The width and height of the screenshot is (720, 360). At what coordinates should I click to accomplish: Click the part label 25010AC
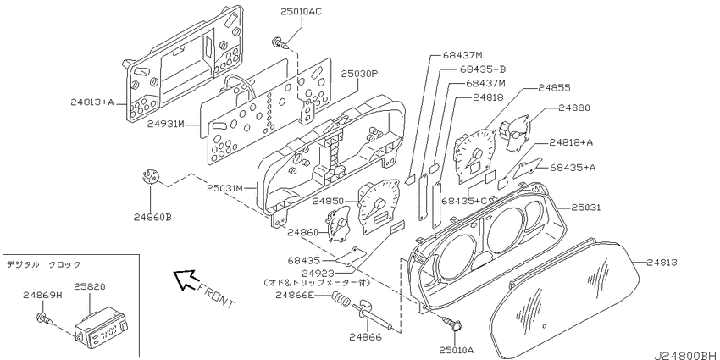click(302, 12)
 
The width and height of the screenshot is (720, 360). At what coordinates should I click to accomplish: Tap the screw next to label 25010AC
click(281, 42)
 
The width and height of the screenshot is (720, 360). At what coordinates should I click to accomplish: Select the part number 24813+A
click(91, 102)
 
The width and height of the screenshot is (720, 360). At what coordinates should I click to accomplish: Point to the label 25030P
click(359, 74)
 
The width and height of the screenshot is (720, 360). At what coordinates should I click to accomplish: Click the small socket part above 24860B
click(150, 176)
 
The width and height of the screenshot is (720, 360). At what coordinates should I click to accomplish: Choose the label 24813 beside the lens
click(662, 263)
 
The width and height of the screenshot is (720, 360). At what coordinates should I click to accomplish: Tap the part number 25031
click(586, 208)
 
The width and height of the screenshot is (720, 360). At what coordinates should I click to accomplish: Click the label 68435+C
click(464, 201)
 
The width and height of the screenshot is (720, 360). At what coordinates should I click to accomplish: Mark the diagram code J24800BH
click(686, 355)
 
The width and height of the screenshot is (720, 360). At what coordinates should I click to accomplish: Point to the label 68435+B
click(483, 69)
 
